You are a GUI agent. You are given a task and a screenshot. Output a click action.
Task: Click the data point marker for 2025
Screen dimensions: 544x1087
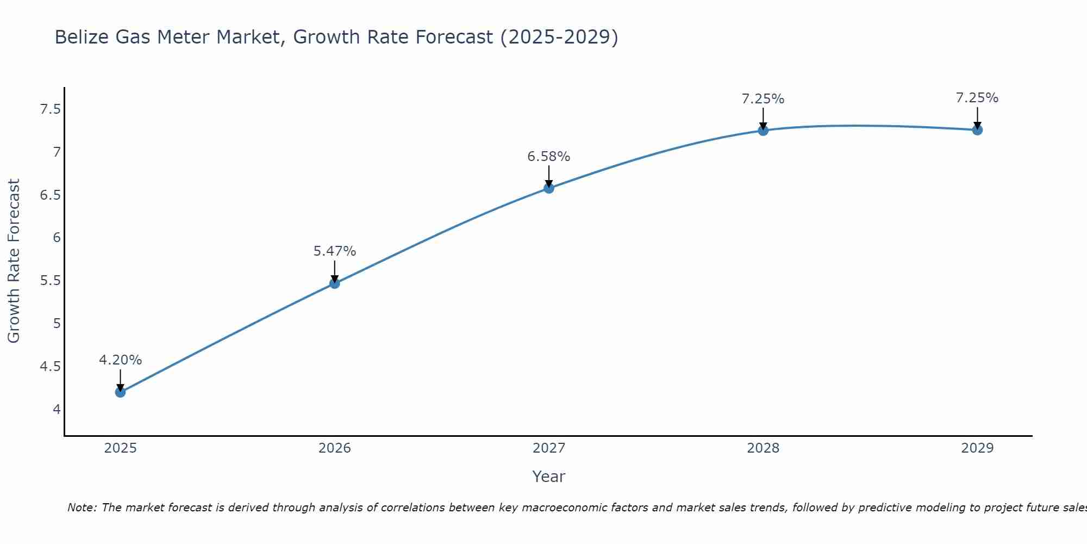pos(120,392)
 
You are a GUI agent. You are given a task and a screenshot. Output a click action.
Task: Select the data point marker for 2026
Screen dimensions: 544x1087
pos(334,283)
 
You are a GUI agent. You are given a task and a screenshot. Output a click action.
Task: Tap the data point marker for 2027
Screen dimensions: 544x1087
pos(549,188)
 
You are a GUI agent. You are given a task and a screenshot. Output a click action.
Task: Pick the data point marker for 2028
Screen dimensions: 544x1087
pos(763,131)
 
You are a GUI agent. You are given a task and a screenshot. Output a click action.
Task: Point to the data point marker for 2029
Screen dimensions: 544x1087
pos(977,130)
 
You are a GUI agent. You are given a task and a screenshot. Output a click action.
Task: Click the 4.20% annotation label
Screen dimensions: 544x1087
pos(120,360)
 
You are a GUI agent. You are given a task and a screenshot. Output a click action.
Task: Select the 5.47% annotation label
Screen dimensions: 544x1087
pos(334,251)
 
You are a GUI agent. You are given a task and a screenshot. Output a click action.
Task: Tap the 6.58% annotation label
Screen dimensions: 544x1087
pos(549,157)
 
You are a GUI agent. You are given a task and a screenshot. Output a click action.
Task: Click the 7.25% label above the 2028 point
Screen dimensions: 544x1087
pos(763,99)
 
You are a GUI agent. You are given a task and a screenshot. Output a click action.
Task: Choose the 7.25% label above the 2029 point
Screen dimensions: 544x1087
pos(977,98)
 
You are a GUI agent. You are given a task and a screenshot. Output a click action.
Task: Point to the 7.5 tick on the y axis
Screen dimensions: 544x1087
pos(50,110)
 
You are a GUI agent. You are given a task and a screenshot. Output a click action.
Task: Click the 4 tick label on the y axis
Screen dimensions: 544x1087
pos(57,409)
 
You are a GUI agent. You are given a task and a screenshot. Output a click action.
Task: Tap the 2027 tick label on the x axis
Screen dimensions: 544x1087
pos(549,448)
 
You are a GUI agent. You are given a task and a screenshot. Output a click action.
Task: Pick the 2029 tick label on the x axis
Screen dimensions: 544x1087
pos(977,448)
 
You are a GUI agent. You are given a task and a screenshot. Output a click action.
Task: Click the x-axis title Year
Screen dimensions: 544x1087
pos(549,477)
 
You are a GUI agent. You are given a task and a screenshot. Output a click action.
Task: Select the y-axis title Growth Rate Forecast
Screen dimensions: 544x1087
pos(14,261)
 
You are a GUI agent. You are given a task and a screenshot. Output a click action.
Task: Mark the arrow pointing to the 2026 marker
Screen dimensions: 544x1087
pos(334,270)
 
